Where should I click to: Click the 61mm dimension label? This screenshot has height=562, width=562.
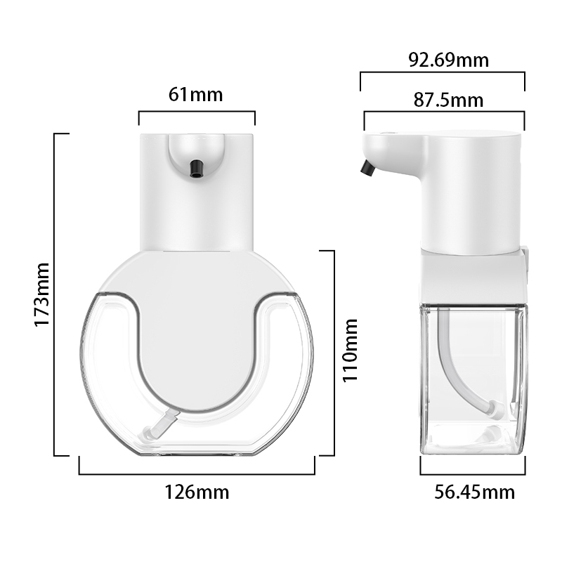click(x=196, y=94)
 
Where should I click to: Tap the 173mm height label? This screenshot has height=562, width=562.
click(x=42, y=294)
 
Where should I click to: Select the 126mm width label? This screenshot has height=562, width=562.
click(x=197, y=492)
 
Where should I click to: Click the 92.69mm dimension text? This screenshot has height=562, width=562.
click(x=449, y=60)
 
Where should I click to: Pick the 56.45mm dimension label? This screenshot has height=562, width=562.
click(x=474, y=492)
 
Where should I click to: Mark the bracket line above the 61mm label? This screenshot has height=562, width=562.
click(x=197, y=111)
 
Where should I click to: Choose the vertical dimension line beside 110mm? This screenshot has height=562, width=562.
click(x=333, y=351)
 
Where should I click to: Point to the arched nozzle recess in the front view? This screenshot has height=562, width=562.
click(x=196, y=151)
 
